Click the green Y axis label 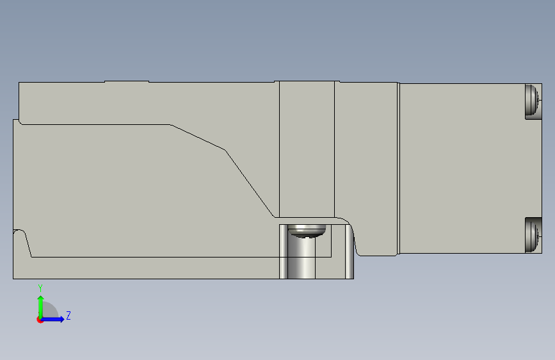click(x=40, y=288)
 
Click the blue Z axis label click(x=68, y=315)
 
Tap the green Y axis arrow click(x=41, y=307)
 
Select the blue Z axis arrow click(x=52, y=319)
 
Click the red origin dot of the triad click(x=40, y=320)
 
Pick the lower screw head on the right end click(x=532, y=234)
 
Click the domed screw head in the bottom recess click(x=307, y=231)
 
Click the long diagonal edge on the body click(x=250, y=184)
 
